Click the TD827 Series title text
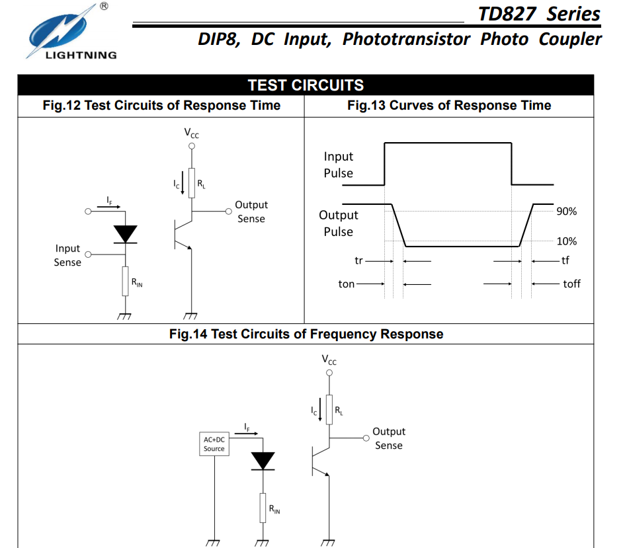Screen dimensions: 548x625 pyautogui.click(x=539, y=14)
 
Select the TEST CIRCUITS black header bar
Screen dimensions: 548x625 pyautogui.click(x=306, y=85)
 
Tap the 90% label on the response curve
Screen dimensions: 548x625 pyautogui.click(x=566, y=212)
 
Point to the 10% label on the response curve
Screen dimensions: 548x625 pyautogui.click(x=566, y=241)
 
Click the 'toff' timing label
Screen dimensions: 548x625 pyautogui.click(x=571, y=284)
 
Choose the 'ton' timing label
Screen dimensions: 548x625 pyautogui.click(x=347, y=284)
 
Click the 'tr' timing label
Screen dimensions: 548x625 pyautogui.click(x=358, y=260)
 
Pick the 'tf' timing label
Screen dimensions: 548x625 pyautogui.click(x=565, y=260)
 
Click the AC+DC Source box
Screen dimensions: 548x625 pyautogui.click(x=214, y=444)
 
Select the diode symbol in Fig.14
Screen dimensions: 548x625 pyautogui.click(x=263, y=461)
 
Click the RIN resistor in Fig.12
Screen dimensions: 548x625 pyautogui.click(x=125, y=282)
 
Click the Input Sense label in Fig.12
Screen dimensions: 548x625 pyautogui.click(x=67, y=255)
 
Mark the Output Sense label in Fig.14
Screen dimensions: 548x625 pyautogui.click(x=388, y=438)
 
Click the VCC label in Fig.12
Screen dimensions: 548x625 pyautogui.click(x=191, y=134)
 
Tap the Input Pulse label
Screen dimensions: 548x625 pyautogui.click(x=338, y=165)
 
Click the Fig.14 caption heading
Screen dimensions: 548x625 pyautogui.click(x=306, y=334)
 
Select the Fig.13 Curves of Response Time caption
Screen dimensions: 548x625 pyautogui.click(x=448, y=106)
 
